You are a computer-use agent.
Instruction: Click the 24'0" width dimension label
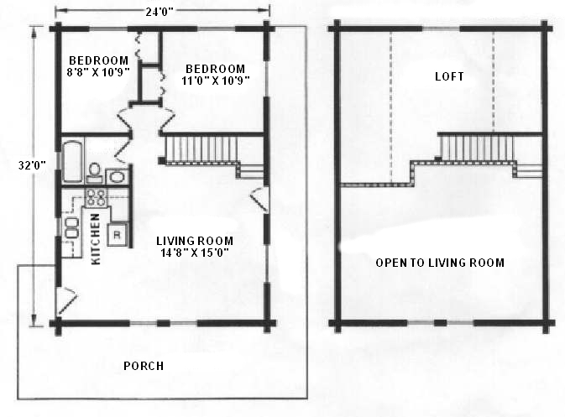click(160, 12)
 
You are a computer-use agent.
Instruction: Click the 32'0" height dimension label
click(32, 165)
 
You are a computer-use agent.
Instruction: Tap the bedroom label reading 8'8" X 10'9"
click(98, 66)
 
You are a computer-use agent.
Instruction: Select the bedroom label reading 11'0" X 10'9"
click(216, 75)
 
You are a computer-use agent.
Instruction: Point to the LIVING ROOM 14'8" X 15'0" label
click(195, 247)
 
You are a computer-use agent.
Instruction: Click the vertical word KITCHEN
click(96, 239)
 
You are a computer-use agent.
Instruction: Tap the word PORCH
click(144, 366)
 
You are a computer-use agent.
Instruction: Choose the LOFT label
click(449, 76)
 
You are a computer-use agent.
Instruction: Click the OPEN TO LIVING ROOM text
click(440, 263)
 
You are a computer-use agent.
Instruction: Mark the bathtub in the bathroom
click(72, 161)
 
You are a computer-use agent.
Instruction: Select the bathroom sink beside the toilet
click(117, 176)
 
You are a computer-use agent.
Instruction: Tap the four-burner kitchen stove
click(97, 197)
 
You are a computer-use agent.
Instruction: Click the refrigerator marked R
click(117, 234)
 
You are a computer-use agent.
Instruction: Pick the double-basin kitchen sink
click(71, 228)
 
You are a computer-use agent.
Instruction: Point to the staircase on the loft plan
click(476, 147)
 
